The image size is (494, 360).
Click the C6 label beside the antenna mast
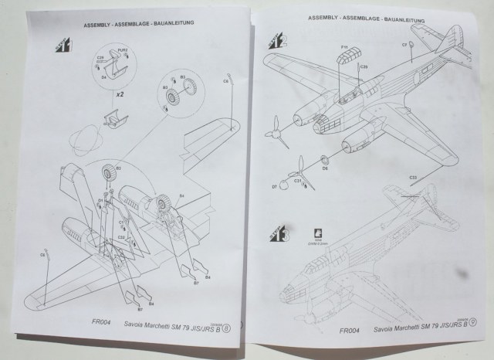226,80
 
